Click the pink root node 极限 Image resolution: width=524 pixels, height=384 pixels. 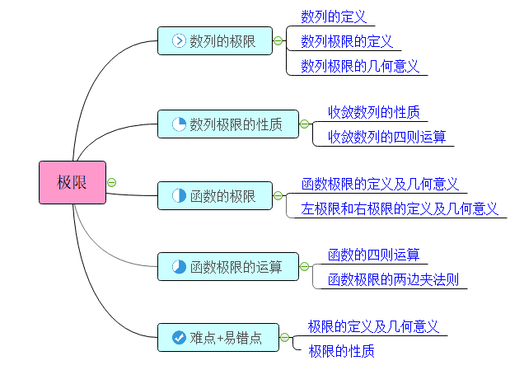pos(73,182)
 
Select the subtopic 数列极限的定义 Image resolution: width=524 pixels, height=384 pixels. pos(346,41)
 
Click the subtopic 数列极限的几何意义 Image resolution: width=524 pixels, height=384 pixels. pos(359,66)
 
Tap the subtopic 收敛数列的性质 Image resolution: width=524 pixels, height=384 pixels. pos(374,111)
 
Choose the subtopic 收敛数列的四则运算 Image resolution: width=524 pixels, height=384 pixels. pos(386,136)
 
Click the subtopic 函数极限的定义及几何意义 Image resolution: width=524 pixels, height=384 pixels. pos(379,184)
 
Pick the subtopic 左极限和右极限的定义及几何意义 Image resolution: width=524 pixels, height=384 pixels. pos(400,208)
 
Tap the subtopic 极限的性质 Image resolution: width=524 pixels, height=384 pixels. pos(341,351)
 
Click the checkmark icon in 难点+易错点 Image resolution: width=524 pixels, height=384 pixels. pos(179,337)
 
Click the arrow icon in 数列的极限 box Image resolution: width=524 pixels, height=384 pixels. pos(179,40)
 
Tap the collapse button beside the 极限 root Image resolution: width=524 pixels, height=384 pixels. pos(112,182)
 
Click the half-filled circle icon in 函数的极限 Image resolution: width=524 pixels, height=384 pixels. pos(179,196)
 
